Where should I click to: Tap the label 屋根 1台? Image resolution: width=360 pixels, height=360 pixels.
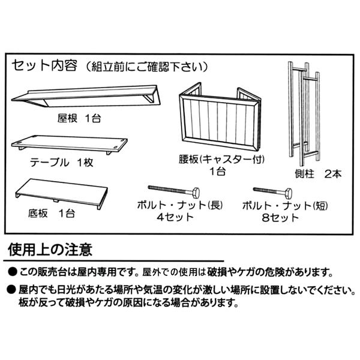pos(79,118)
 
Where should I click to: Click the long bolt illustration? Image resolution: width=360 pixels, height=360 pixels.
pos(175,191)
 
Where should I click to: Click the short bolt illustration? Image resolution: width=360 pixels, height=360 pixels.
pos(272,192)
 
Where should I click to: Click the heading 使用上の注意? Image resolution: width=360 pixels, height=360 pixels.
pos(50,248)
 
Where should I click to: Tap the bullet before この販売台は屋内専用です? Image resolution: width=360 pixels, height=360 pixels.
pos(11,272)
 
